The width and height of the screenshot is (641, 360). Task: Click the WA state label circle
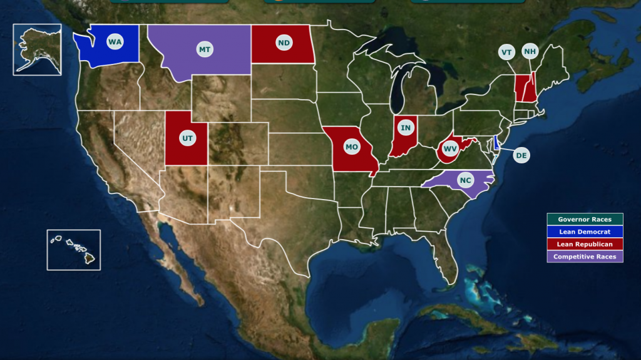pos(115,42)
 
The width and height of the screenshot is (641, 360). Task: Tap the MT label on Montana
pos(204,49)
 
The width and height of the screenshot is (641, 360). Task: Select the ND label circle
pos(284,43)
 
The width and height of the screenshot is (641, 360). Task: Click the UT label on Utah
pos(187,136)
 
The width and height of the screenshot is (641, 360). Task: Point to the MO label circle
pos(352,147)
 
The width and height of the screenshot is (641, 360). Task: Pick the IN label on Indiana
pos(406,128)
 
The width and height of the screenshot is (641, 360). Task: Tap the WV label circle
pos(449,149)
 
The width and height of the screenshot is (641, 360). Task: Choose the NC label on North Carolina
pos(465,180)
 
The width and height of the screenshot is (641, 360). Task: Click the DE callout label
pos(521,155)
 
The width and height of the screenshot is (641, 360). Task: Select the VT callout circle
pos(506,52)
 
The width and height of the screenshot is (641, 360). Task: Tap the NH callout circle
pos(530,51)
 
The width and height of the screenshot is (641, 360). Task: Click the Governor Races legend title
pos(585,219)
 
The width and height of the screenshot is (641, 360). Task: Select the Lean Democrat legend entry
pos(585,232)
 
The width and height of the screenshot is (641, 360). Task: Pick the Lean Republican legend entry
pos(585,244)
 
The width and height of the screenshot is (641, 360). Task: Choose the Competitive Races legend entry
pos(585,257)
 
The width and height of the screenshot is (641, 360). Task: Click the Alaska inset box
pos(37,49)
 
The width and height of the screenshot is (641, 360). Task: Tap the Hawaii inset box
pos(73,249)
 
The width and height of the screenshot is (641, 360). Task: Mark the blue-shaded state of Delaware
pos(496,143)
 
